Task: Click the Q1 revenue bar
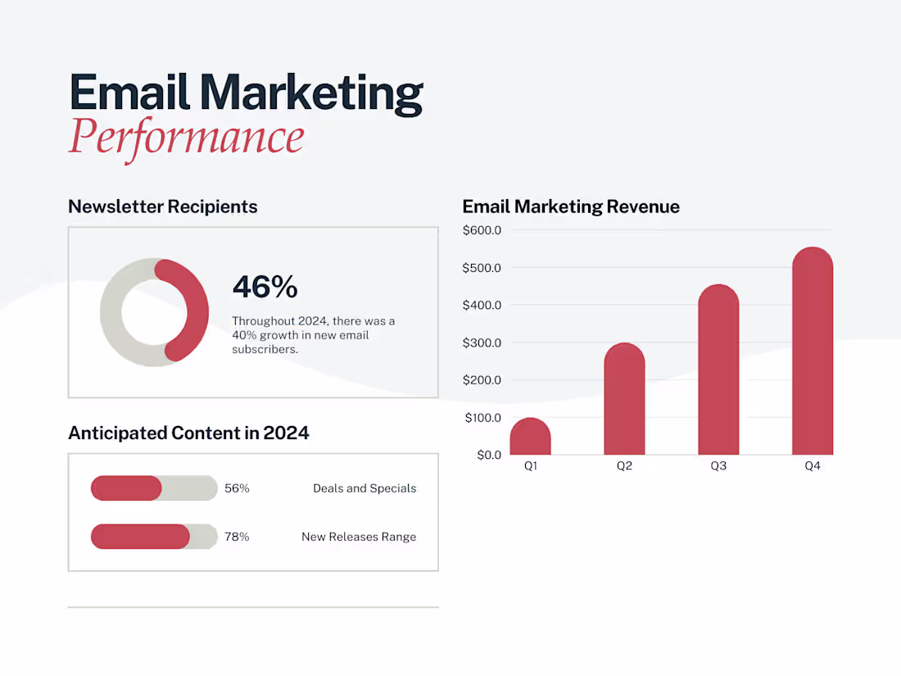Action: (x=530, y=438)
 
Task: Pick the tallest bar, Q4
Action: (x=813, y=352)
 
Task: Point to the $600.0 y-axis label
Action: (x=482, y=230)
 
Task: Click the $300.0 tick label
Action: (x=482, y=343)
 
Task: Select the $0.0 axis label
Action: (x=488, y=455)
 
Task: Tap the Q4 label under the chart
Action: (x=812, y=466)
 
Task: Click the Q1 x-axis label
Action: (x=531, y=466)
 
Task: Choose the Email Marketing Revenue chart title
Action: (x=571, y=206)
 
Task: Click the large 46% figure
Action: (x=265, y=287)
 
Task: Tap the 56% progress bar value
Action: (x=237, y=488)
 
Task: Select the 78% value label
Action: (x=237, y=537)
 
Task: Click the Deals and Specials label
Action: (x=364, y=488)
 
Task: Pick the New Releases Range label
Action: (x=359, y=537)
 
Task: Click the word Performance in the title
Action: (x=186, y=137)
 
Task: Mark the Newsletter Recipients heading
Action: (x=162, y=206)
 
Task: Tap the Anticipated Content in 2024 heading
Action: (x=188, y=433)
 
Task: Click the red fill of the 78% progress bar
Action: (x=140, y=537)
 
